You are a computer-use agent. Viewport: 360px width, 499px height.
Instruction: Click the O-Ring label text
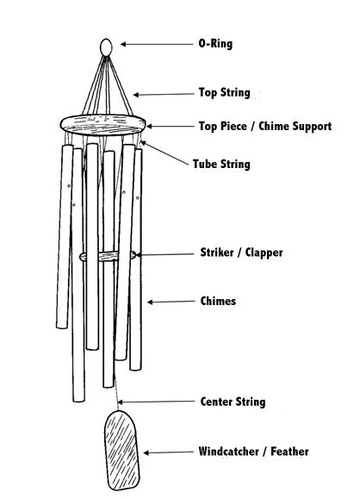click(x=215, y=44)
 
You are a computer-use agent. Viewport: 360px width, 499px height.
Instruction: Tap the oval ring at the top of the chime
click(x=106, y=42)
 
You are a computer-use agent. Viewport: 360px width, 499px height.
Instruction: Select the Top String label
click(x=224, y=92)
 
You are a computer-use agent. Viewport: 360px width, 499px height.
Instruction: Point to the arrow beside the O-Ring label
click(x=157, y=44)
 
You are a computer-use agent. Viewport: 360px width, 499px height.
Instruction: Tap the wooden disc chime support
click(x=103, y=125)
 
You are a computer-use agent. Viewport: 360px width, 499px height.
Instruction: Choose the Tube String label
click(x=221, y=165)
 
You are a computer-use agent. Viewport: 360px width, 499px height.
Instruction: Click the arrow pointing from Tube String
click(x=164, y=153)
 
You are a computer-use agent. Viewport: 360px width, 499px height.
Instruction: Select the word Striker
click(x=217, y=253)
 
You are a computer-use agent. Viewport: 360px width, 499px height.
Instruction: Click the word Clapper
click(x=264, y=253)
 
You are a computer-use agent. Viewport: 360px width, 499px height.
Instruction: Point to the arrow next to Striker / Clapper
click(x=165, y=254)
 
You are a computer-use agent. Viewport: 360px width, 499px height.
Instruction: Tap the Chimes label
click(x=218, y=301)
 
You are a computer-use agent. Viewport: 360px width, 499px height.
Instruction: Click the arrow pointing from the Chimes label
click(x=171, y=302)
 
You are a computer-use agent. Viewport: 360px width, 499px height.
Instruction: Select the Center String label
click(x=233, y=402)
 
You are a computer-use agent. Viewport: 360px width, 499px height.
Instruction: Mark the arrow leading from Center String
click(x=156, y=402)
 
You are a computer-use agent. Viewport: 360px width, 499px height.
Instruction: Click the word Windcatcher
click(x=228, y=452)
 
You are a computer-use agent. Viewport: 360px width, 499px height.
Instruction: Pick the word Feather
click(x=289, y=452)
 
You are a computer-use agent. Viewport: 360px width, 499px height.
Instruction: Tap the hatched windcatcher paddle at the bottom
click(x=122, y=451)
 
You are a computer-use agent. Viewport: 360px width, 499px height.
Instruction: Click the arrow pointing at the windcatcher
click(x=168, y=452)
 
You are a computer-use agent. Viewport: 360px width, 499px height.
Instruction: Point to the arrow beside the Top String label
click(x=164, y=94)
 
